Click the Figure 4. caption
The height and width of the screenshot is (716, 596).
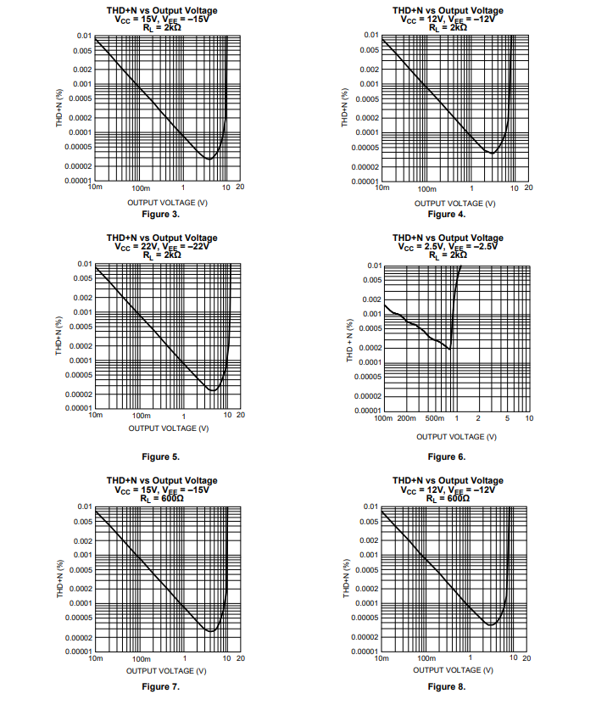[446, 215]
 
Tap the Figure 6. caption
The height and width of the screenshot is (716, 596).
[446, 456]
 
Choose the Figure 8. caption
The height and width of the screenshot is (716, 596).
[446, 686]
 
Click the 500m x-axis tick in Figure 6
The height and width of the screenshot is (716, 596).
[434, 419]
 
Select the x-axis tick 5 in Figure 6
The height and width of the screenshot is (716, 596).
[507, 419]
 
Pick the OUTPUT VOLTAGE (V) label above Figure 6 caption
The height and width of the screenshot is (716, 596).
[456, 436]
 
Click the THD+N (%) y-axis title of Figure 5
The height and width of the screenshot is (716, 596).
[59, 337]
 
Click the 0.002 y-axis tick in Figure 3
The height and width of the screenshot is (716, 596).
[81, 69]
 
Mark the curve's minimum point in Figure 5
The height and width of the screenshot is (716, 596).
[213, 389]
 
